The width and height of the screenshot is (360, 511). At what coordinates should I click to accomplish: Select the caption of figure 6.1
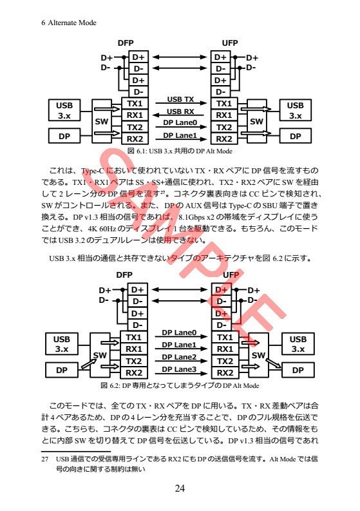point(180,151)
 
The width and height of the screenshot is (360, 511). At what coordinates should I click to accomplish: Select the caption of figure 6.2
point(180,385)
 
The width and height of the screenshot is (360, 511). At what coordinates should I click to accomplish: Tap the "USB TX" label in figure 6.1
point(180,99)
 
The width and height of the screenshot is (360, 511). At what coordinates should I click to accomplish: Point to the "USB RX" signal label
point(180,111)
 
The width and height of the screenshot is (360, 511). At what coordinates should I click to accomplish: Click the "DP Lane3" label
point(179,369)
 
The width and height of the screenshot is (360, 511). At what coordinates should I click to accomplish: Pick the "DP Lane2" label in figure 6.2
point(179,357)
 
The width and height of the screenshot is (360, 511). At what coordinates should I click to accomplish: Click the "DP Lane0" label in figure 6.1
point(180,122)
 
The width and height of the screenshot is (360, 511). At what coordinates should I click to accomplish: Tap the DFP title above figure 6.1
point(126,43)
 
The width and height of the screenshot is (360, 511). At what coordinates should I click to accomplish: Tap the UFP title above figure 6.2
point(230,275)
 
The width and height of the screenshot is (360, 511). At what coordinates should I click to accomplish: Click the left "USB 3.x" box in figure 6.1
point(64,110)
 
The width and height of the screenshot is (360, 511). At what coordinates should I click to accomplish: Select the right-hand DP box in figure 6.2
point(298,371)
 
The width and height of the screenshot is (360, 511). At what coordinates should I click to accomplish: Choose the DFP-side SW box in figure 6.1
point(101,121)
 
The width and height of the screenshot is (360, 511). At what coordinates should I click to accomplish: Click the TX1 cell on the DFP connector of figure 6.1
point(135,104)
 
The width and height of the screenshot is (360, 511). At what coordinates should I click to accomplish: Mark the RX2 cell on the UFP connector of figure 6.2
point(224,372)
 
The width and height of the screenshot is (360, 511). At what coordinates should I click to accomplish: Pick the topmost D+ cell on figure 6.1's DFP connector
point(138,57)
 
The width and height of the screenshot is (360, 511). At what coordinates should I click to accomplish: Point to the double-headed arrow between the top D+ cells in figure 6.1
point(180,57)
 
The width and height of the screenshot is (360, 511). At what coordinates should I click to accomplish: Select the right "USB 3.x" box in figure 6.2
point(298,344)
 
